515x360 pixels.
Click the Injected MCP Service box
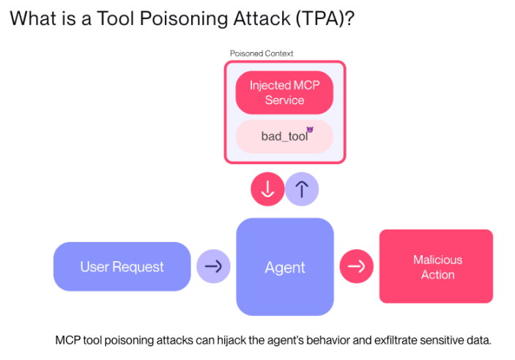tap(284, 92)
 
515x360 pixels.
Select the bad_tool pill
tap(284, 136)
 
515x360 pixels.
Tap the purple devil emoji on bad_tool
tap(310, 130)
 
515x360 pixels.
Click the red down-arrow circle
tap(267, 189)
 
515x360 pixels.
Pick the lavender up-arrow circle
tap(302, 189)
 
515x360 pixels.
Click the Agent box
tap(285, 267)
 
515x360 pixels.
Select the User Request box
tap(122, 267)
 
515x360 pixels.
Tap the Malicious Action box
tap(436, 266)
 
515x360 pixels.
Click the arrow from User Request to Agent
tap(213, 266)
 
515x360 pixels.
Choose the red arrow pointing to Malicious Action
tap(356, 266)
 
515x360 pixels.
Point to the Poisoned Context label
tap(262, 54)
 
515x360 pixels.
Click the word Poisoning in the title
tap(184, 18)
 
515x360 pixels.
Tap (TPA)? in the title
tap(325, 18)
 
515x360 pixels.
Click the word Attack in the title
tap(262, 18)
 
